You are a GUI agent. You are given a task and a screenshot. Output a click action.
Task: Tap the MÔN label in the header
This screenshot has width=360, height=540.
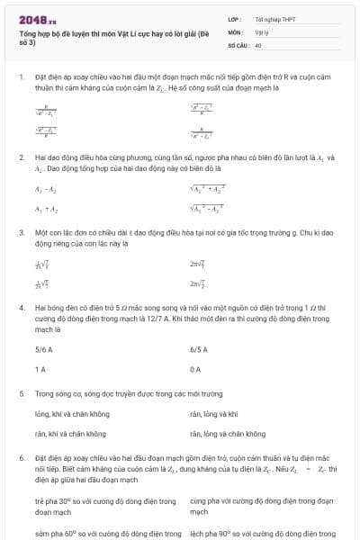(235, 31)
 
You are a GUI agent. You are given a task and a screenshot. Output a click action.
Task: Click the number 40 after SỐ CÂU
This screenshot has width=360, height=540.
(258, 43)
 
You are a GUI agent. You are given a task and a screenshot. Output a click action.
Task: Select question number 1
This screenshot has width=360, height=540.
(20, 78)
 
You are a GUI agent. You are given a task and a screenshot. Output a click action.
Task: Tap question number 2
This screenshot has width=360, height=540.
(20, 157)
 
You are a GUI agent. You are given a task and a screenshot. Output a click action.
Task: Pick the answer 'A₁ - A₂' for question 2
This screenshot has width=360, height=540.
(45, 189)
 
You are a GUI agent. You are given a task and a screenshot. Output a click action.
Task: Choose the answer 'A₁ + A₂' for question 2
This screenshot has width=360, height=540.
(45, 209)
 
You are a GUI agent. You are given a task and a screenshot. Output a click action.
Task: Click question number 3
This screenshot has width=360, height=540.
(20, 232)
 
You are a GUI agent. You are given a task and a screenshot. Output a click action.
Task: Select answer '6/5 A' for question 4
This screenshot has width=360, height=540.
(200, 350)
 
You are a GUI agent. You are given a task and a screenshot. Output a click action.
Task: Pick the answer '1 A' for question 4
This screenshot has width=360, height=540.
(40, 370)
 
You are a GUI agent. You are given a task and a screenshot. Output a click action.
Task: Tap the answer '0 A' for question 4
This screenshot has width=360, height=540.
(195, 370)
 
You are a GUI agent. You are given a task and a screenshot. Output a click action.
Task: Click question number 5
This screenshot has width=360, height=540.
(20, 393)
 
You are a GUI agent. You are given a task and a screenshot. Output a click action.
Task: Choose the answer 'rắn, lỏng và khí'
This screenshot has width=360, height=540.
(214, 413)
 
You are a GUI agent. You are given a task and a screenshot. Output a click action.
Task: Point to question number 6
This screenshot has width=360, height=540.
(20, 457)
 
